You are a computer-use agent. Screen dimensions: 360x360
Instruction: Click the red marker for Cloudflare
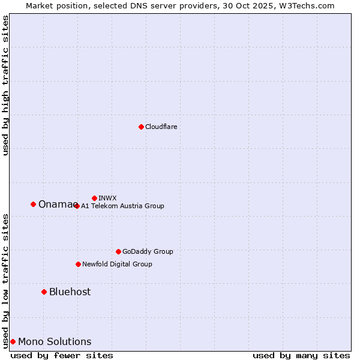(x=141, y=127)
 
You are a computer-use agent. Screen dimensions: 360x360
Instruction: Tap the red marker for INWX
(x=94, y=198)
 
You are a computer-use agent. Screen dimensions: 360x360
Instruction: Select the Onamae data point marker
(x=33, y=204)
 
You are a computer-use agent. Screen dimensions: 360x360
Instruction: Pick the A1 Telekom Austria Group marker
(x=77, y=206)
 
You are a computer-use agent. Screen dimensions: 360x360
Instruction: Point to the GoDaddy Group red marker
(x=118, y=251)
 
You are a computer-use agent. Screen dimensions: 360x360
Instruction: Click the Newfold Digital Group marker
(x=78, y=264)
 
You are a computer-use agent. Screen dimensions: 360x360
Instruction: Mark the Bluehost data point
(x=44, y=292)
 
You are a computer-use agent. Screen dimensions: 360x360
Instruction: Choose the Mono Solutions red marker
(x=13, y=341)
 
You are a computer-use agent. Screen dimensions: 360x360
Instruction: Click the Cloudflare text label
(x=161, y=127)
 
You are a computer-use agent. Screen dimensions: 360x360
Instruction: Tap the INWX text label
(x=107, y=198)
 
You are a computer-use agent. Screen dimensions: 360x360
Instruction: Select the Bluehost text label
(x=70, y=292)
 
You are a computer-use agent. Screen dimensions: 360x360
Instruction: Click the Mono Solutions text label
(x=55, y=341)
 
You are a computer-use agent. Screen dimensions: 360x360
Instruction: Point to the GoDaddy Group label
(x=148, y=251)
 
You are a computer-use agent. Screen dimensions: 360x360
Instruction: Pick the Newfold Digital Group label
(x=117, y=264)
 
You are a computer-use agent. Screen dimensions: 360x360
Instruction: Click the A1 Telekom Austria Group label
(x=122, y=206)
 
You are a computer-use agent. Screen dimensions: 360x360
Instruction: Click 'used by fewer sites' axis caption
(x=62, y=355)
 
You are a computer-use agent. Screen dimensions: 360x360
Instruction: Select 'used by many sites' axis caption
(x=301, y=355)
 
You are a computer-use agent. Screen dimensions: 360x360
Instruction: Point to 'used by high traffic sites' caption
(x=5, y=85)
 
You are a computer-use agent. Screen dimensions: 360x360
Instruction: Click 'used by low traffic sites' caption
(x=5, y=281)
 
